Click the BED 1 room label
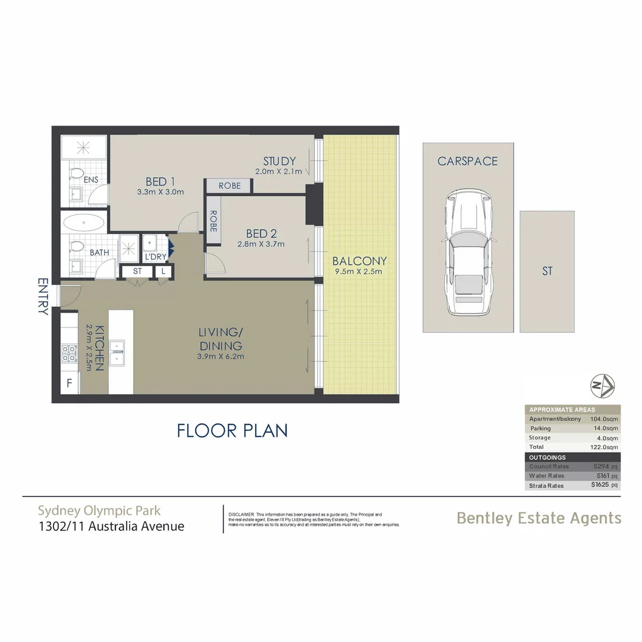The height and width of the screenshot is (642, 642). click(160, 182)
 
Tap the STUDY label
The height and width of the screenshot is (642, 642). click(279, 161)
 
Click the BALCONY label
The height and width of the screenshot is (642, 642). click(359, 261)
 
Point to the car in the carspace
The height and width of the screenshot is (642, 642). click(468, 253)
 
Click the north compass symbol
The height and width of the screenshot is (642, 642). click(602, 386)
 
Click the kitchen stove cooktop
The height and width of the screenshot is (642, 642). click(70, 354)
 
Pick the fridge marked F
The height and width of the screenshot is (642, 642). click(70, 383)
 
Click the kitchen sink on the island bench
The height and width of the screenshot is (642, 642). click(117, 351)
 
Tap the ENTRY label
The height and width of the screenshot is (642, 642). click(43, 295)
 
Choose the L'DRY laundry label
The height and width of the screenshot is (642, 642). click(155, 256)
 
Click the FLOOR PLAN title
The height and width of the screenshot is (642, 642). click(232, 430)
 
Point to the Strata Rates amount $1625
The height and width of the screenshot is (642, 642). click(602, 486)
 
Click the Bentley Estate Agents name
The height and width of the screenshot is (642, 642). click(539, 518)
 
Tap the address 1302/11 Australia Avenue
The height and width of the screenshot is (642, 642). click(111, 526)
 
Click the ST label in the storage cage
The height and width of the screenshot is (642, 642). click(547, 271)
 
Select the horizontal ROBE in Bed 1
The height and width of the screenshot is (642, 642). click(229, 185)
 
